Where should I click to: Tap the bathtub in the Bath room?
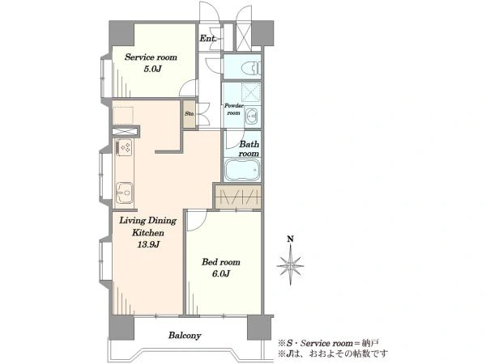tap(242, 170)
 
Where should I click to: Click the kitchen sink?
tap(124, 193)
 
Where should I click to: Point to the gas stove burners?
tap(125, 147)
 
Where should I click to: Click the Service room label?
tap(151, 57)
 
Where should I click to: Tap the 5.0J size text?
tap(153, 69)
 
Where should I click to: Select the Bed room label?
tap(221, 262)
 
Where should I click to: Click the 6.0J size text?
tap(221, 273)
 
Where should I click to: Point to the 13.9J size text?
tap(149, 245)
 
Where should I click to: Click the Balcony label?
tap(185, 336)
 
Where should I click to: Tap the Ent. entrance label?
tap(207, 38)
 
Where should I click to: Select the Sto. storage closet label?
tap(190, 113)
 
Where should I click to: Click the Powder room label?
tap(234, 109)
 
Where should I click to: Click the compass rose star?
tap(290, 265)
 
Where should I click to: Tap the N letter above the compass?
tap(291, 239)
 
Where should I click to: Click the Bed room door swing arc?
tap(202, 223)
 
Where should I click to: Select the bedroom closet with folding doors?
tap(238, 197)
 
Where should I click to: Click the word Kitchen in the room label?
tap(148, 233)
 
